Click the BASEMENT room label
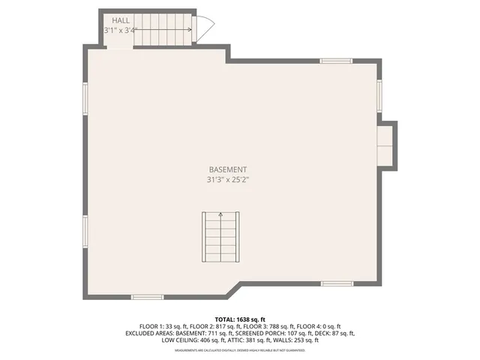227,170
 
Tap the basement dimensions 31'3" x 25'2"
227,180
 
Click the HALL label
120,19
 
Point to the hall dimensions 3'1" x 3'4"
120,30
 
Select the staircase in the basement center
220,237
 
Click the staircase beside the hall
163,30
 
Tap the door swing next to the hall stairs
204,28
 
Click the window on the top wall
336,61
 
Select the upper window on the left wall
85,98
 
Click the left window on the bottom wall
147,297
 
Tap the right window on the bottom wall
337,283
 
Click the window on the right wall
379,95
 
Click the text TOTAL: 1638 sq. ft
240,319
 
